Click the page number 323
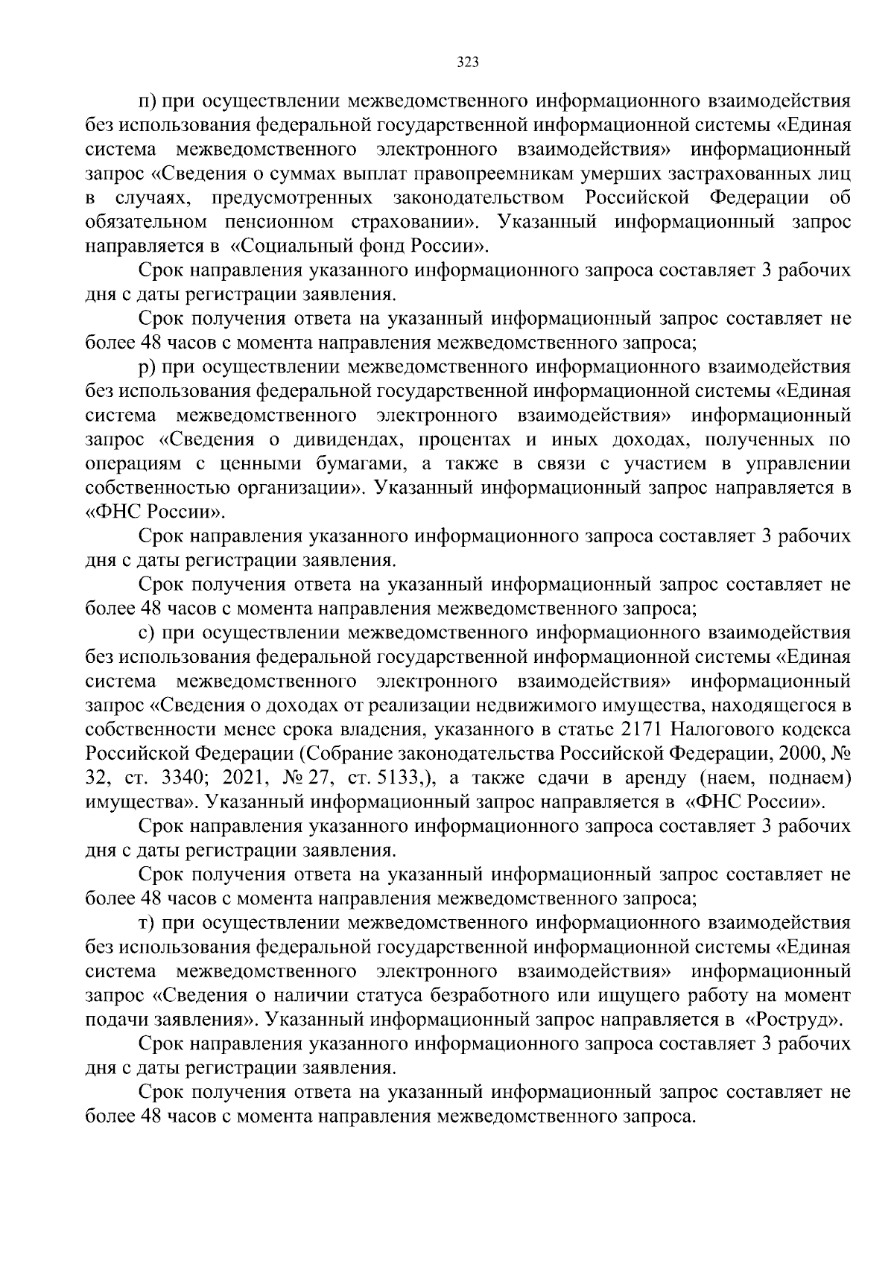click(x=467, y=62)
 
